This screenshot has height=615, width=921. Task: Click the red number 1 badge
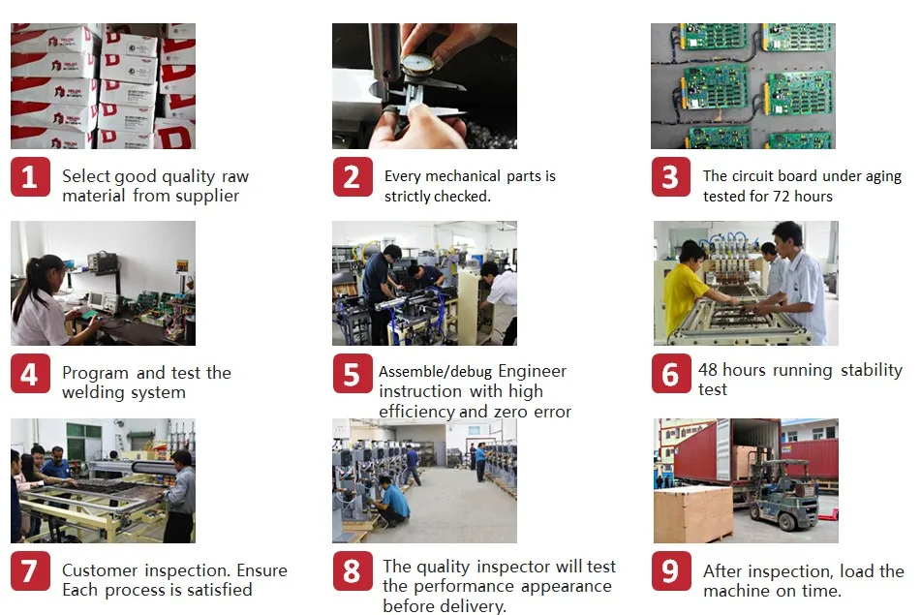pos(30,177)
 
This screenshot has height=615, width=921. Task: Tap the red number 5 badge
pos(352,375)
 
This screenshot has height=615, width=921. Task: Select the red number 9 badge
pos(670,571)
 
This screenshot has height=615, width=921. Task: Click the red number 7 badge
pos(30,571)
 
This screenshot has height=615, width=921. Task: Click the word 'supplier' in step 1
pos(207,196)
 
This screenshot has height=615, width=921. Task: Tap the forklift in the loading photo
pos(784,494)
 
